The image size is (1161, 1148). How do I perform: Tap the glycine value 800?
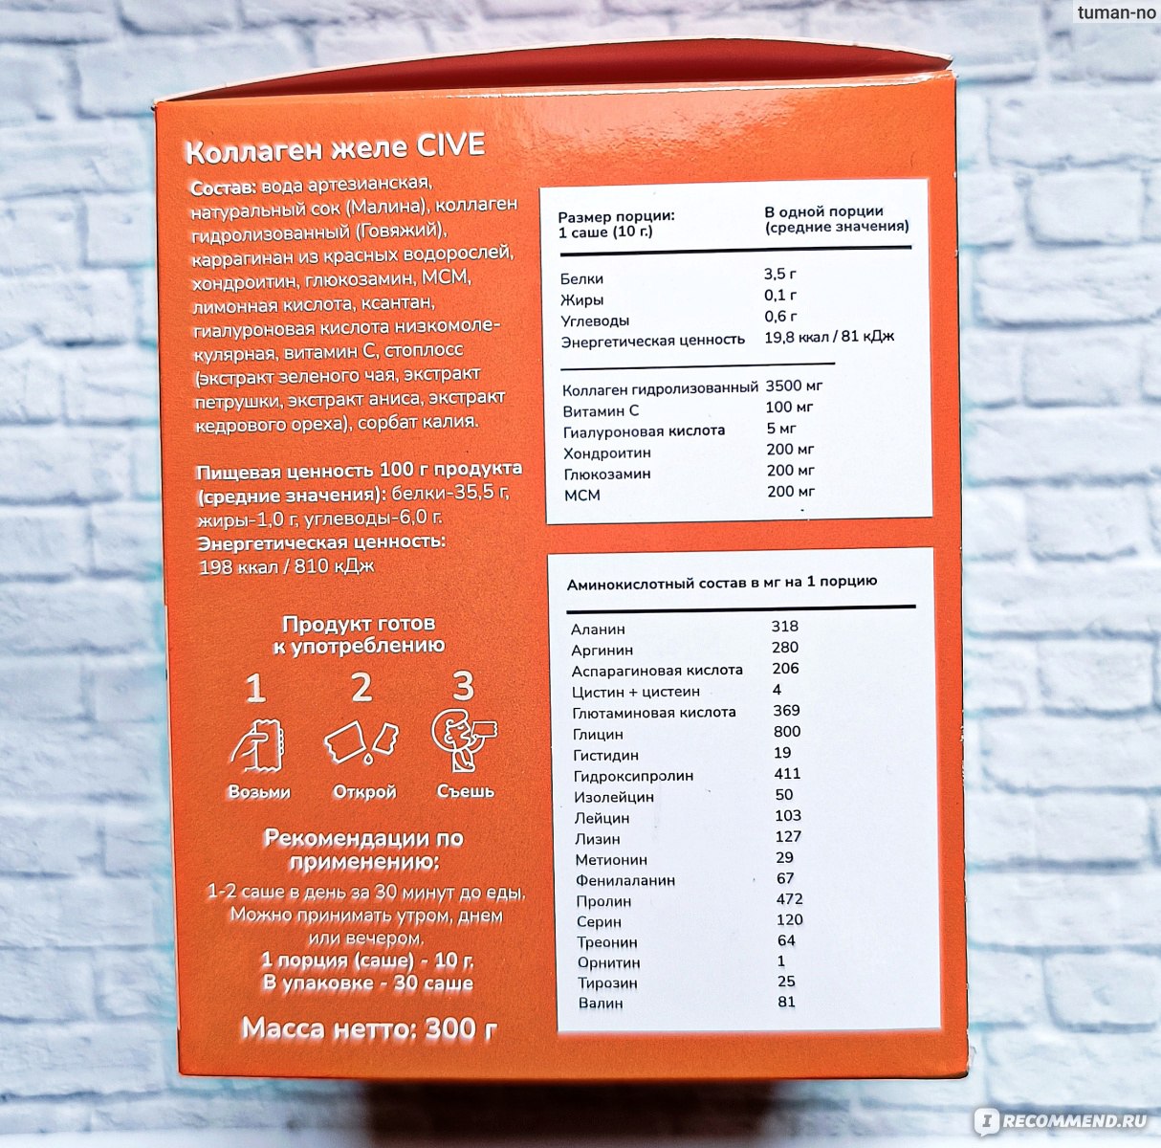click(x=787, y=731)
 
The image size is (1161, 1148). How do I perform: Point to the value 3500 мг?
click(x=794, y=386)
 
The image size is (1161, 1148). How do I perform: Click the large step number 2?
click(x=361, y=687)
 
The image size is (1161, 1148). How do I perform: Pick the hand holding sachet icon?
click(x=257, y=745)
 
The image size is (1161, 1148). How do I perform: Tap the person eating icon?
click(x=464, y=740)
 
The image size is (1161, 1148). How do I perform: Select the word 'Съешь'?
click(x=465, y=791)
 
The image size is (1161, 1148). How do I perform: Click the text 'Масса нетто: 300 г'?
click(x=369, y=1028)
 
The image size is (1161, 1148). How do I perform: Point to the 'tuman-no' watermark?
click(x=1116, y=12)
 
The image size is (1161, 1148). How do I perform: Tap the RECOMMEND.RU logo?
click(x=1062, y=1121)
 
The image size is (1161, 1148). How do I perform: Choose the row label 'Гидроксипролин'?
click(x=633, y=776)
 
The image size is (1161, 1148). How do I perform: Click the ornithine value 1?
click(x=781, y=960)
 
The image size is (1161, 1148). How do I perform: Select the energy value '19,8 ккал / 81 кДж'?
click(x=829, y=337)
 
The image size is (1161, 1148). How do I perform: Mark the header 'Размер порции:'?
click(x=616, y=216)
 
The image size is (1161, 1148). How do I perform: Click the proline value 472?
click(x=789, y=899)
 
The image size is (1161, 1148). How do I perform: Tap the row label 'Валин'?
click(x=600, y=1003)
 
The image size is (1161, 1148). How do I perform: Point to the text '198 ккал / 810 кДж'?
click(x=287, y=566)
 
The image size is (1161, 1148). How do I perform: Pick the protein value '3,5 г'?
click(x=779, y=274)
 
